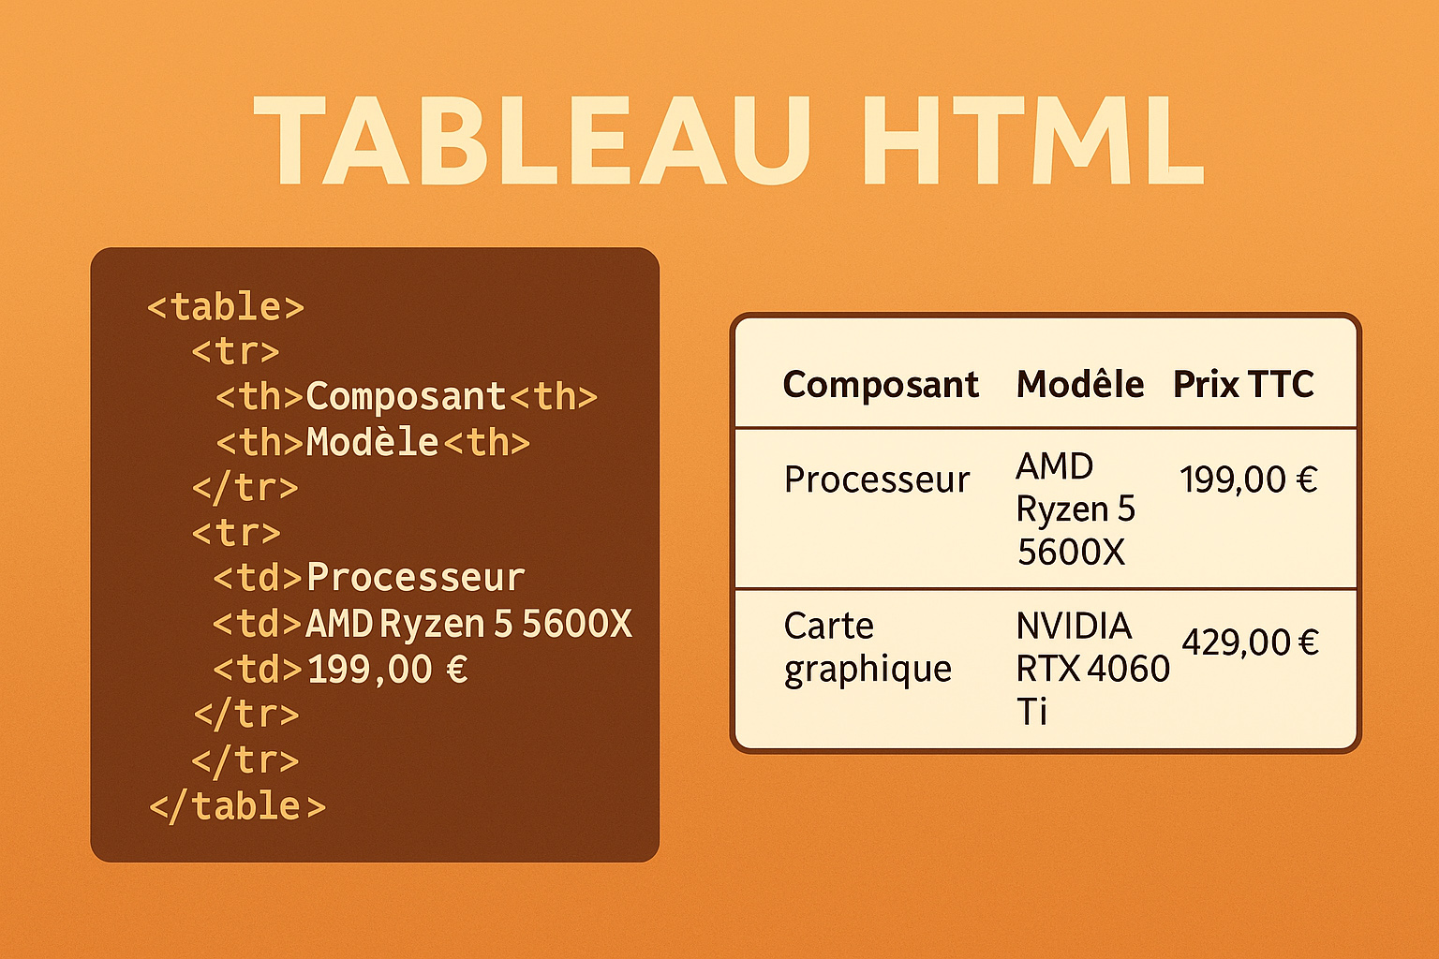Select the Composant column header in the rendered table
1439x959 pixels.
coord(881,384)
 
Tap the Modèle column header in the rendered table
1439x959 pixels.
coord(1079,384)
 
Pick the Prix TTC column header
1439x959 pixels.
coord(1243,384)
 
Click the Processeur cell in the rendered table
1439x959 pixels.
coord(876,479)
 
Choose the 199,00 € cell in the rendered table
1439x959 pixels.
coord(1248,479)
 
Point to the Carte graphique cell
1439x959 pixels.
coord(868,647)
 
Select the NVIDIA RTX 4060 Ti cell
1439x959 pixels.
coord(1091,668)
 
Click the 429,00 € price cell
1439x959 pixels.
coord(1250,642)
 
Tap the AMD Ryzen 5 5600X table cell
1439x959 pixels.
coord(1076,509)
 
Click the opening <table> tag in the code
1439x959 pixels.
coord(226,306)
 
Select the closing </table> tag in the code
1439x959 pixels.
coord(237,806)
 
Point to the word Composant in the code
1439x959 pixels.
coord(406,396)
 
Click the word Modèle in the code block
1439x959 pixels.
coord(372,442)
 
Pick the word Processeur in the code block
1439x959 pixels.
coord(415,578)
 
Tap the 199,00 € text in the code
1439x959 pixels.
coord(387,670)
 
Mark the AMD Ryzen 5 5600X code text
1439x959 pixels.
coord(468,624)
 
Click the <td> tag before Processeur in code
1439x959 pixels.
coord(258,578)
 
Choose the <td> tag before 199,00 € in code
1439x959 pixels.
coord(258,670)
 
